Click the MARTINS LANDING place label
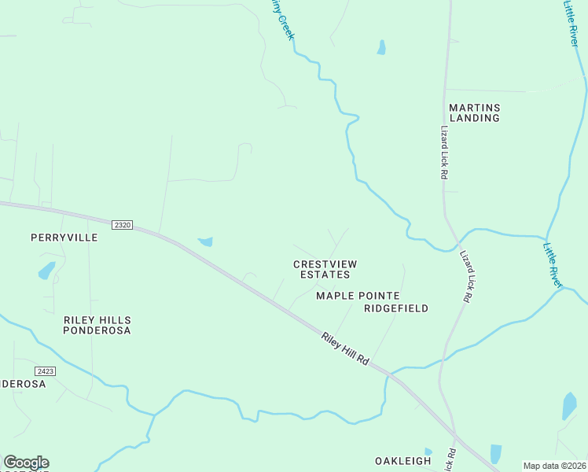point(474,112)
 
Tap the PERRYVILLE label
point(64,237)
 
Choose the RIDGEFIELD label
point(396,308)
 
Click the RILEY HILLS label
point(97,320)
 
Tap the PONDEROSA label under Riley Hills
point(97,331)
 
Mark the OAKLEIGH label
point(403,461)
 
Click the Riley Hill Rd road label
point(345,347)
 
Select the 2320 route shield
point(121,225)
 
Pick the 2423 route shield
point(45,371)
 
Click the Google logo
point(26,463)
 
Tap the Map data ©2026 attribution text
point(554,466)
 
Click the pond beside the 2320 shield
point(206,242)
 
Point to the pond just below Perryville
point(46,271)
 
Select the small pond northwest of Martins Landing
point(381,47)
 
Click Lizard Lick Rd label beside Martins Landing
point(443,153)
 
